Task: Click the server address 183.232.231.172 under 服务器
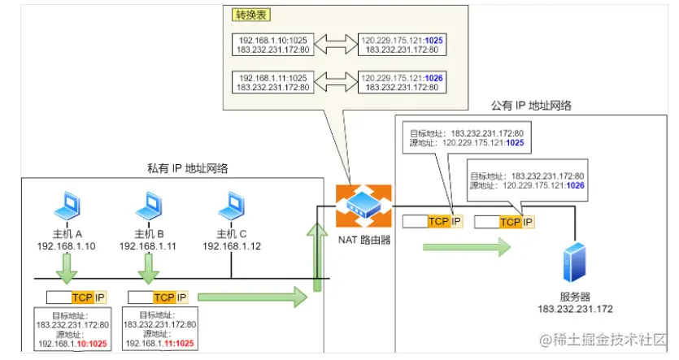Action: (x=574, y=310)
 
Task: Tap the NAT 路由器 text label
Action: (x=363, y=241)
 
